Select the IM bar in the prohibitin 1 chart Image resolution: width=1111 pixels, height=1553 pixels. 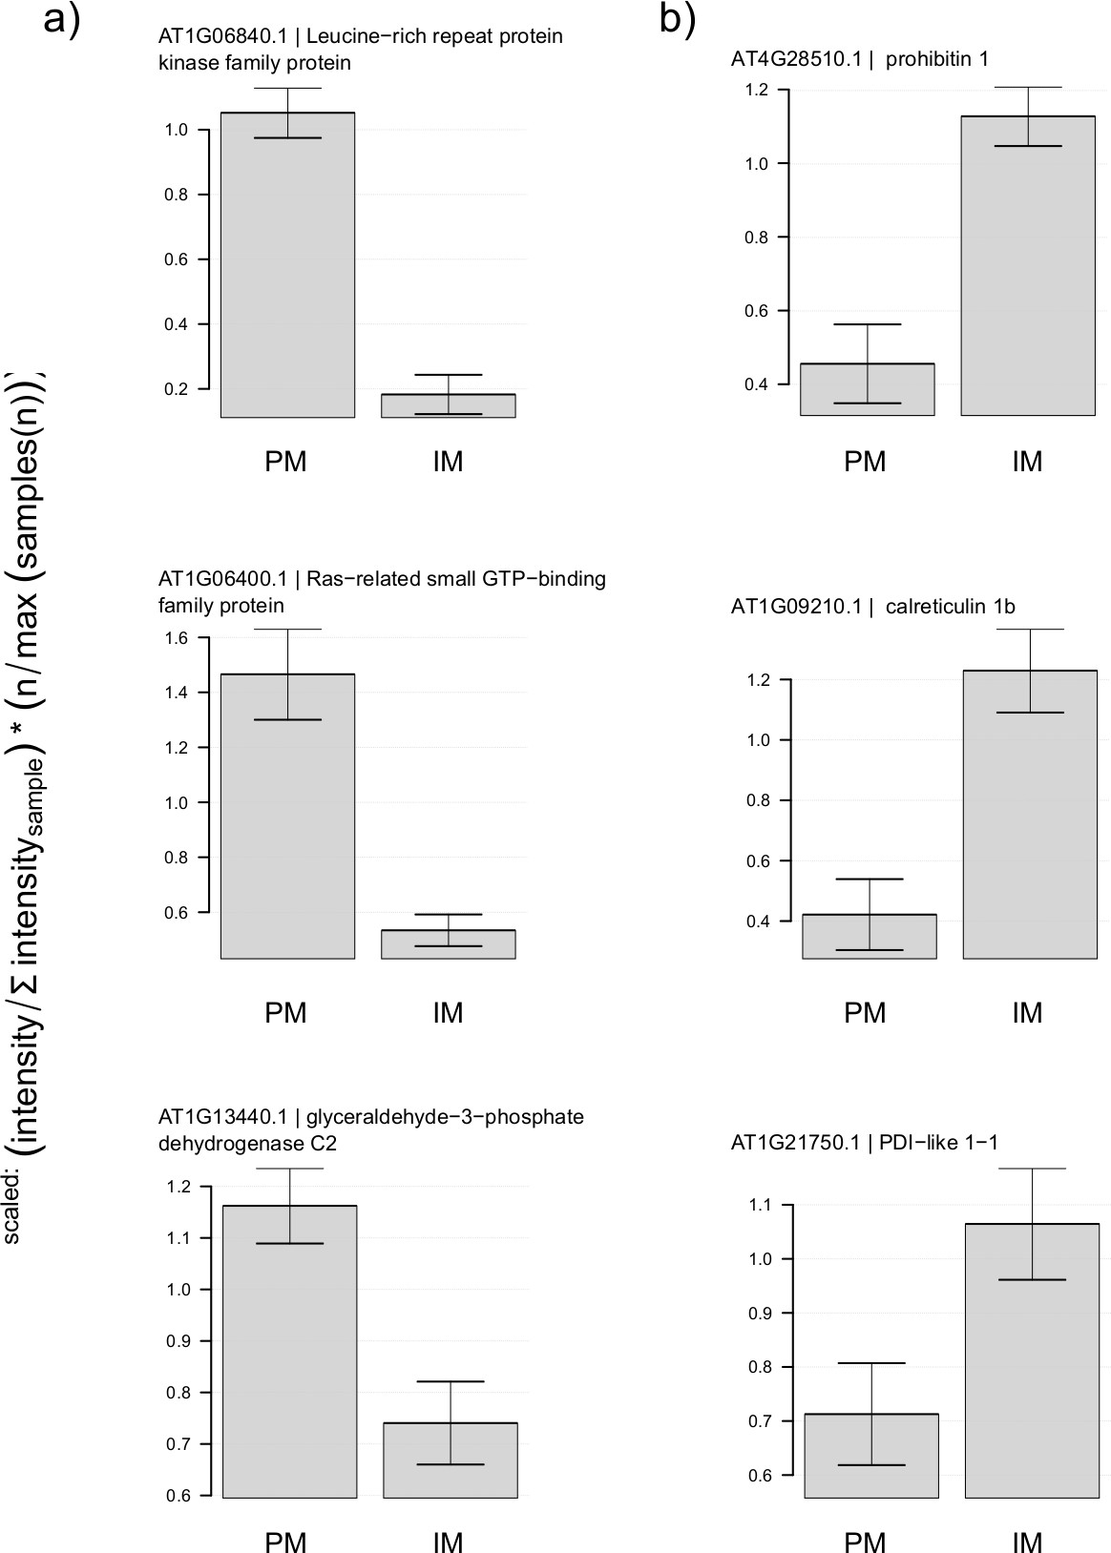coord(1028,266)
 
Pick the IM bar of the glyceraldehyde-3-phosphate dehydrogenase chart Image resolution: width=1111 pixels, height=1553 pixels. coord(450,1460)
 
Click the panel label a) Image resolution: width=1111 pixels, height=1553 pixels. coord(62,19)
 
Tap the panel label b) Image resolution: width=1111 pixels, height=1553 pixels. coord(678,19)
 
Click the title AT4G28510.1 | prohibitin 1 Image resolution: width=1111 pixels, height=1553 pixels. coord(860,59)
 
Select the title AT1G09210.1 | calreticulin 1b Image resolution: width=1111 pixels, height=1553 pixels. coord(873,607)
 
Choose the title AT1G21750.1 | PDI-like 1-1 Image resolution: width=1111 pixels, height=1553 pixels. coord(865,1143)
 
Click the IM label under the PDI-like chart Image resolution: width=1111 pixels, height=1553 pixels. coord(1027,1541)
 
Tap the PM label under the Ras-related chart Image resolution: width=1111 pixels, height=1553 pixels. coord(285,1012)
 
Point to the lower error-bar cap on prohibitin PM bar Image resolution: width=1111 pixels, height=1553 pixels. coord(868,404)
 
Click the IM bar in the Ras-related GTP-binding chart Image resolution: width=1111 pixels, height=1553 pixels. coord(449,944)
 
